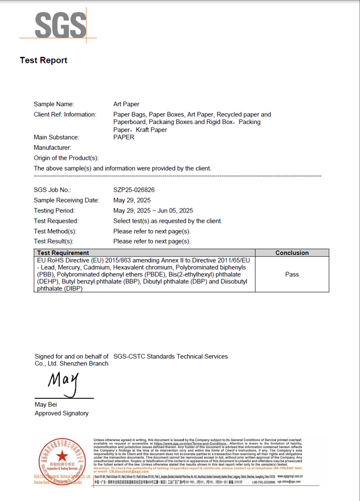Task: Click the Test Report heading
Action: coord(43,60)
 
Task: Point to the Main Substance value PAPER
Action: coord(124,137)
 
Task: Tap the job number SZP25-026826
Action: coord(134,190)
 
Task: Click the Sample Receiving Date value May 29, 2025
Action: coord(132,200)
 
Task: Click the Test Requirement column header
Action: coord(63,253)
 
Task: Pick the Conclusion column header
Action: coord(292,253)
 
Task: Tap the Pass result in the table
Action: coord(292,274)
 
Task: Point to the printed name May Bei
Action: coord(46,405)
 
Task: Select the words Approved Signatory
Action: coord(61,413)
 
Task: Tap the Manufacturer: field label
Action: coord(52,147)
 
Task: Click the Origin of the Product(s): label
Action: coord(66,158)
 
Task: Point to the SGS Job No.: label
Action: coord(52,190)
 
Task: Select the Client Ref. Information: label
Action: coord(65,114)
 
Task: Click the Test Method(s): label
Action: coord(55,231)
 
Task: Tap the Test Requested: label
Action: coord(56,221)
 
